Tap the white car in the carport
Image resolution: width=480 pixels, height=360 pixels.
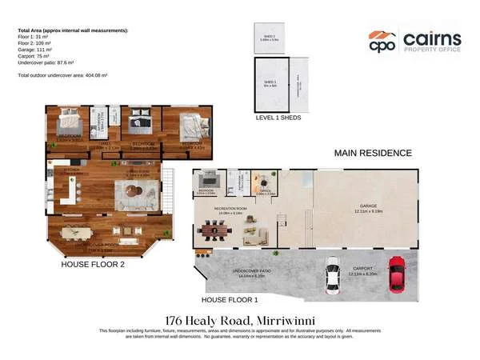point(333,276)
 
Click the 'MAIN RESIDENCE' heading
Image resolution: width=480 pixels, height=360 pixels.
point(372,153)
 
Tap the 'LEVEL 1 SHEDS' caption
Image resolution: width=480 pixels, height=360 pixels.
point(278,118)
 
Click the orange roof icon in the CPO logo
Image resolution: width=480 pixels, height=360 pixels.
point(381,36)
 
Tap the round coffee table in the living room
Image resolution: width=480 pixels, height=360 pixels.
point(131,192)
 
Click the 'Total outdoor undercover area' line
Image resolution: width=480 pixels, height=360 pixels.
point(62,74)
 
